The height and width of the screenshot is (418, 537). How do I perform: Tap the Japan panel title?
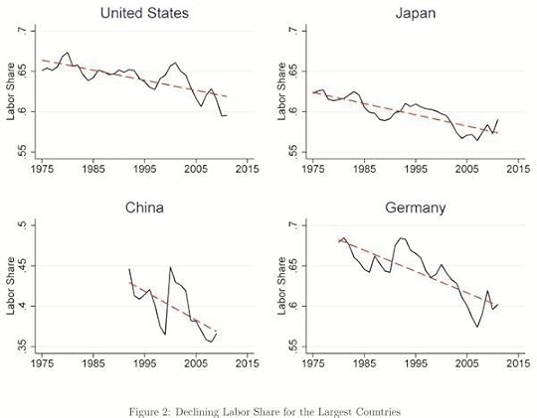pyautogui.click(x=416, y=13)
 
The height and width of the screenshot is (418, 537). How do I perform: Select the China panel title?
pyautogui.click(x=145, y=209)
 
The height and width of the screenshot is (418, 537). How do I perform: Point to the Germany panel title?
pyautogui.click(x=416, y=209)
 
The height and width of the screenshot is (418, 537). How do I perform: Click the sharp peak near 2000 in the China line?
pyautogui.click(x=170, y=267)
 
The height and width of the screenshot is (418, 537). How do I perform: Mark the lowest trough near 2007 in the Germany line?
pyautogui.click(x=477, y=327)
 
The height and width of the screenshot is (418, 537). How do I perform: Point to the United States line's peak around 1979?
pyautogui.click(x=67, y=53)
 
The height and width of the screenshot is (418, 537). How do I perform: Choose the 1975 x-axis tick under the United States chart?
pyautogui.click(x=41, y=170)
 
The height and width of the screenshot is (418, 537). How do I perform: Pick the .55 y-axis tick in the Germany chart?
pyautogui.click(x=293, y=346)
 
